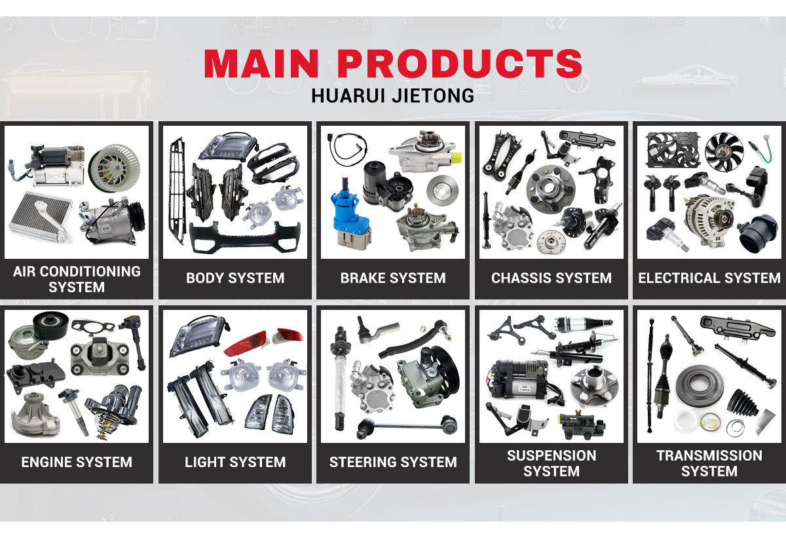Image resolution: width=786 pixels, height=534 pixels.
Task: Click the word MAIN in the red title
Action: click(262, 64)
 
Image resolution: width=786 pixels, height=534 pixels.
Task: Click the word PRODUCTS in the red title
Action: click(460, 64)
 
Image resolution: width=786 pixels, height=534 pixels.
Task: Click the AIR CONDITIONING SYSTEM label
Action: click(77, 279)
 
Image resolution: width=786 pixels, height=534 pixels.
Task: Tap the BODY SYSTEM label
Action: click(235, 278)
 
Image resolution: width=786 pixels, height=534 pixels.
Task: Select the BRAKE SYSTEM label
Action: click(393, 278)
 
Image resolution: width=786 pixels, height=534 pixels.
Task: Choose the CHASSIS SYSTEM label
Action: click(552, 278)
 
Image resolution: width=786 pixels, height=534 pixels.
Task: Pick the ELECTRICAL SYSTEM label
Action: click(709, 278)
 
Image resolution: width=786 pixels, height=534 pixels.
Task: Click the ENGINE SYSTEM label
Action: click(77, 462)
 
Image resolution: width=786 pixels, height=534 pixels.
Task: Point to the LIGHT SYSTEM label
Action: click(235, 462)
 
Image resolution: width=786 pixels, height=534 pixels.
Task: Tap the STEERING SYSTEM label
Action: click(393, 462)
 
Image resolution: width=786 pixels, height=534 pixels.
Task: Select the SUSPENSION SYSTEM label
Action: click(552, 463)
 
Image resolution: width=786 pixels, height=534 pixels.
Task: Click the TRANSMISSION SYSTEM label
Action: click(709, 463)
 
